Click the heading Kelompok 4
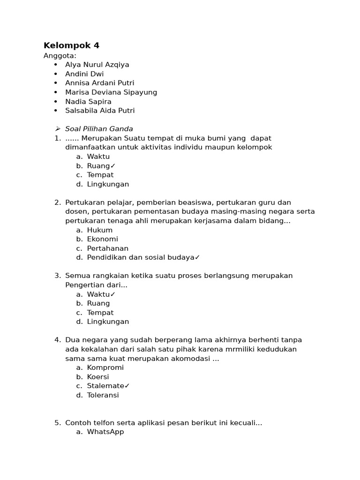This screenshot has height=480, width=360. pyautogui.click(x=71, y=45)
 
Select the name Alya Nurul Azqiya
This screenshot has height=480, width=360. pyautogui.click(x=97, y=65)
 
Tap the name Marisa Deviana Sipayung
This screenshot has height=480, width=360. pyautogui.click(x=111, y=92)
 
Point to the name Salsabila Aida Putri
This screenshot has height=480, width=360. pyautogui.click(x=100, y=111)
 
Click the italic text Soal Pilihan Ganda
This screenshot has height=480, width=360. pyautogui.click(x=99, y=129)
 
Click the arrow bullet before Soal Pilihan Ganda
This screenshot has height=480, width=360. pyautogui.click(x=58, y=129)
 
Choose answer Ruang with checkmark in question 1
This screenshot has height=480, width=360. pyautogui.click(x=101, y=166)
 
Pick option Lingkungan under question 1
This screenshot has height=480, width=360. pyautogui.click(x=108, y=184)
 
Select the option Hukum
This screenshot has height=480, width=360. pyautogui.click(x=99, y=230)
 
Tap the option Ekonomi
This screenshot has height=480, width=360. pyautogui.click(x=102, y=239)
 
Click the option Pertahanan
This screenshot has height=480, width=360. pyautogui.click(x=107, y=248)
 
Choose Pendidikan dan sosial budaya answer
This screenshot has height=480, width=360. pyautogui.click(x=143, y=257)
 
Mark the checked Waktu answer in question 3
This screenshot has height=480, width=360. pyautogui.click(x=101, y=294)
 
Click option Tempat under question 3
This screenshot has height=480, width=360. pyautogui.click(x=100, y=313)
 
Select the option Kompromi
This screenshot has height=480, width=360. pyautogui.click(x=105, y=367)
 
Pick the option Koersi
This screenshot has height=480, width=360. pyautogui.click(x=98, y=377)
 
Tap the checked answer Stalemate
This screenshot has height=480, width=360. pyautogui.click(x=108, y=386)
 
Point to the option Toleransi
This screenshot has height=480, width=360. pyautogui.click(x=103, y=395)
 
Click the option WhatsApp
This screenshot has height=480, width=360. pyautogui.click(x=105, y=432)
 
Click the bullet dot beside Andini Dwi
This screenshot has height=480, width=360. pyautogui.click(x=55, y=74)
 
